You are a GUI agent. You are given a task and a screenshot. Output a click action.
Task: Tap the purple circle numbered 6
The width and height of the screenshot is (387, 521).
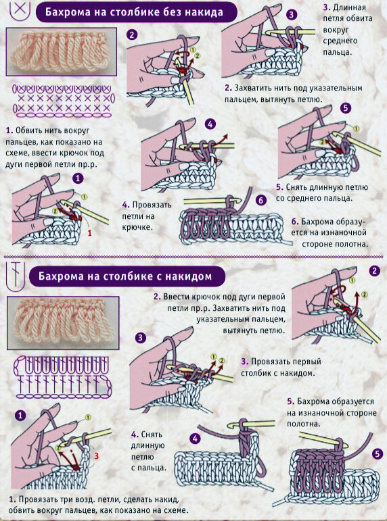(x=261, y=201)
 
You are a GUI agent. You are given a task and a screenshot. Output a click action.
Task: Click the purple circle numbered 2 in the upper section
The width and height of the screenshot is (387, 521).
(x=132, y=35)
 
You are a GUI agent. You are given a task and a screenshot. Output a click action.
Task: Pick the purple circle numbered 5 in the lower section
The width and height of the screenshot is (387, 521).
(x=377, y=454)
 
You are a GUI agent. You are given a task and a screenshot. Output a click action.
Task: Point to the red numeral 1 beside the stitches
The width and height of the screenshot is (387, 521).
(x=89, y=233)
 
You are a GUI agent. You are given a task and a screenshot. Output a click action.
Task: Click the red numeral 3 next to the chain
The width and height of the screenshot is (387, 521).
(x=97, y=456)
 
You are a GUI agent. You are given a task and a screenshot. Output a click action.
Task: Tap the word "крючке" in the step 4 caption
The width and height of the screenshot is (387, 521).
(x=137, y=228)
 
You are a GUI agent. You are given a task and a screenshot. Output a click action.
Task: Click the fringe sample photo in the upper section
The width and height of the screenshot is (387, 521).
(x=62, y=51)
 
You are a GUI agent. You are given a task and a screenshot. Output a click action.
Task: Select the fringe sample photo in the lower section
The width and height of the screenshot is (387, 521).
(x=63, y=323)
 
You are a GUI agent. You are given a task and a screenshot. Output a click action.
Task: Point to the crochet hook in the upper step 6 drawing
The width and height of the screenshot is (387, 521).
(x=210, y=201)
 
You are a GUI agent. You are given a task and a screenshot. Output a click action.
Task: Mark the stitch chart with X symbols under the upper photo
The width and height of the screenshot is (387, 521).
(x=63, y=101)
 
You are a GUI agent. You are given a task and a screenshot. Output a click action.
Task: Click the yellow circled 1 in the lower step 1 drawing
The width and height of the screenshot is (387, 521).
(x=88, y=418)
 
